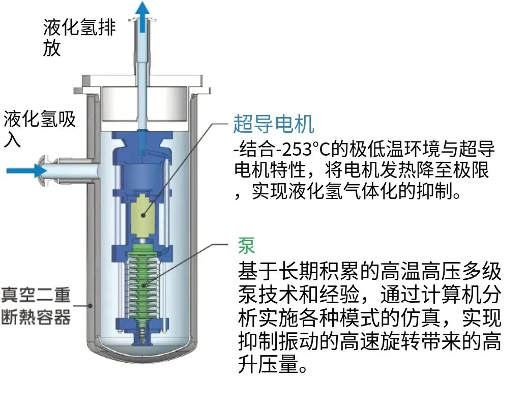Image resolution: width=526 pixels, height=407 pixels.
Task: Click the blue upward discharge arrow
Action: coord(143,17)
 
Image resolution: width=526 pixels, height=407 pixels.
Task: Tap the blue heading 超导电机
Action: coord(273,124)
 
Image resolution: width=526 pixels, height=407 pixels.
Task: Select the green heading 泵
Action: coord(247,245)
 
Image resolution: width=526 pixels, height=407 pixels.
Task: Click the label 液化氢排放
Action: coord(79,37)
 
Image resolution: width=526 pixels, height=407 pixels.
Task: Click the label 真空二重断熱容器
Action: coord(36,305)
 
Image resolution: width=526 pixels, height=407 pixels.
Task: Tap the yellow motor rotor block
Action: coord(142,215)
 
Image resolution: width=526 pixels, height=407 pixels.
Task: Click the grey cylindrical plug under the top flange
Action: coord(144,104)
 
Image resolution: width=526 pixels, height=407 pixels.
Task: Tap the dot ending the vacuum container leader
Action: coord(90,305)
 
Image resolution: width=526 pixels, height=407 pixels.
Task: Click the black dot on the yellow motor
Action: coord(143,215)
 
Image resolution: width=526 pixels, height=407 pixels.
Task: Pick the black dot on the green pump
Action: coord(143,285)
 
